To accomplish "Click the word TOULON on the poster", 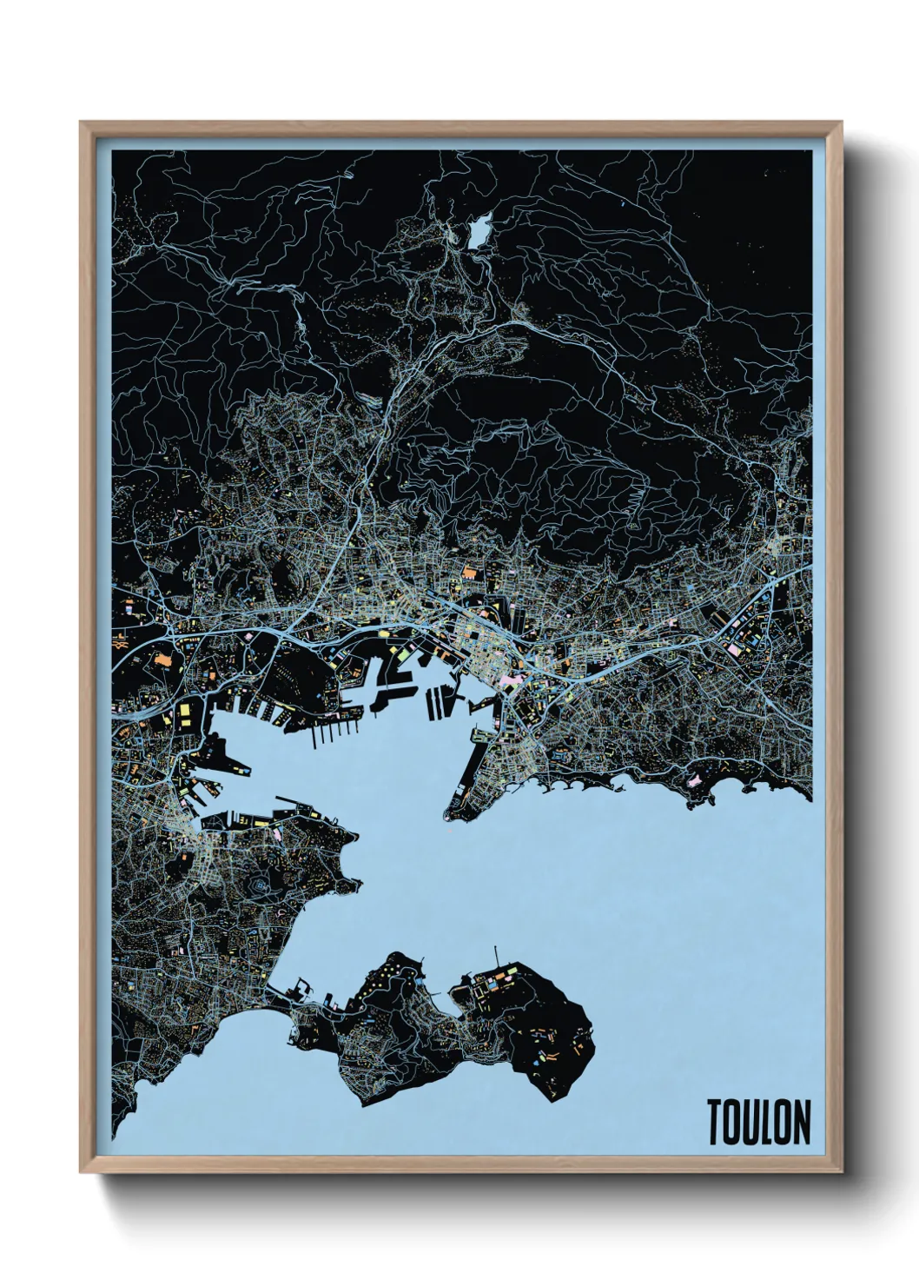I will pyautogui.click(x=758, y=1122).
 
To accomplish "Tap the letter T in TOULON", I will pyautogui.click(x=715, y=1122).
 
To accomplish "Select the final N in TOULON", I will pyautogui.click(x=801, y=1122).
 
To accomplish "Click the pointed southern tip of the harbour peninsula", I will pyautogui.click(x=450, y=815).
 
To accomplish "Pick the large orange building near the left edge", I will pyautogui.click(x=162, y=660).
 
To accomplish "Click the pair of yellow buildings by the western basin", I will pyautogui.click(x=184, y=714).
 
